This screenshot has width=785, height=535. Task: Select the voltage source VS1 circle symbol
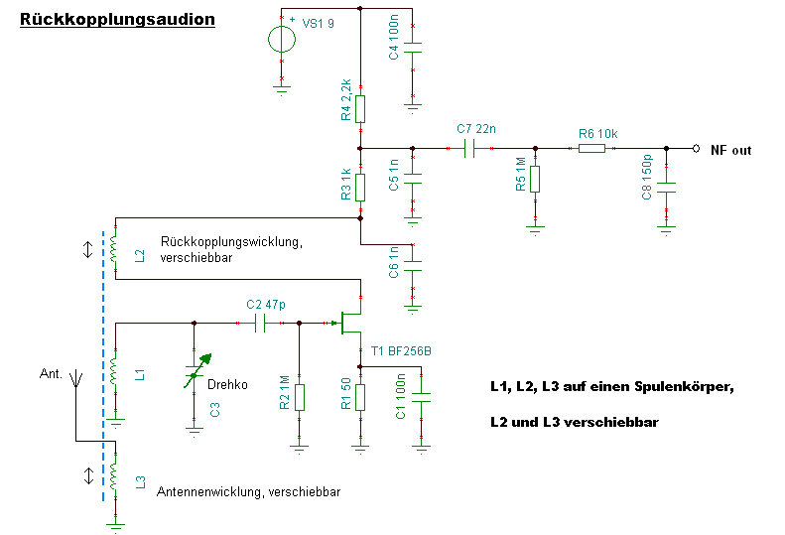point(282,40)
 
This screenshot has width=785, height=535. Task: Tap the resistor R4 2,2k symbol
point(360,107)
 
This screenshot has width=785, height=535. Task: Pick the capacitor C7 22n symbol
point(471,149)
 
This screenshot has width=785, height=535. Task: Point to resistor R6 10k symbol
point(591,149)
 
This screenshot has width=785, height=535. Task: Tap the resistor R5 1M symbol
point(535,178)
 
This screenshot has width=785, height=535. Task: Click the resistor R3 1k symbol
point(360,186)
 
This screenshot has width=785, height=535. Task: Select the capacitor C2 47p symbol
point(261,323)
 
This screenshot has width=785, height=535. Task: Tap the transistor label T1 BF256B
point(401,351)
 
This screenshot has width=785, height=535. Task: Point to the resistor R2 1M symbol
point(300,396)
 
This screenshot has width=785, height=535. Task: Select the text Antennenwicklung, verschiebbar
point(249,491)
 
